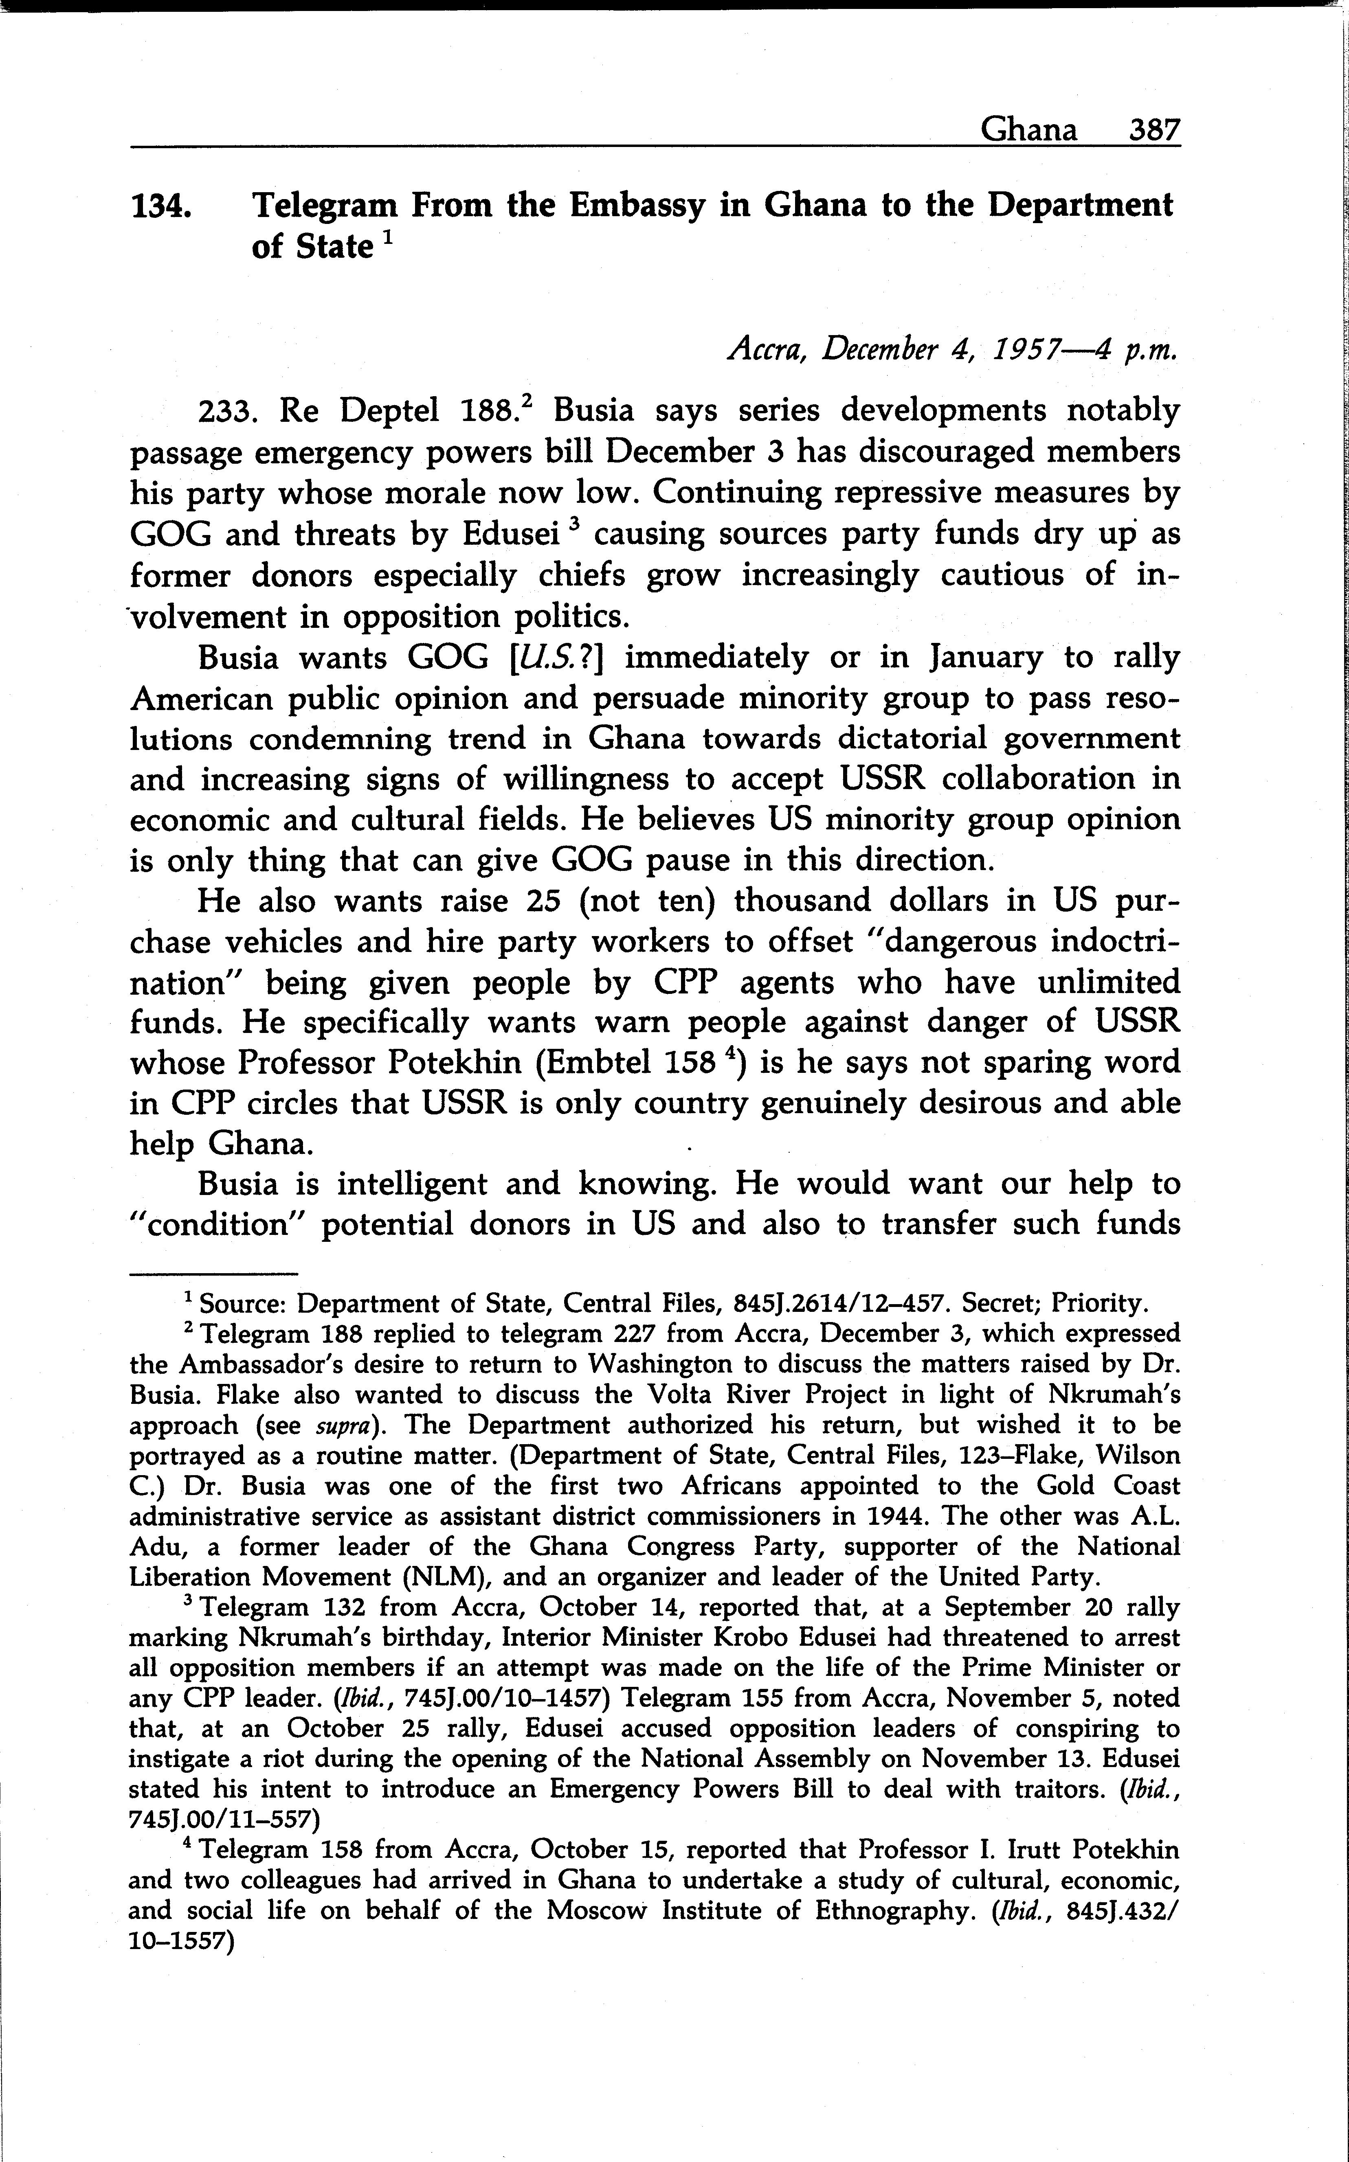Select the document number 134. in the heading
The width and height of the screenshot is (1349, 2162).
coord(160,206)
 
